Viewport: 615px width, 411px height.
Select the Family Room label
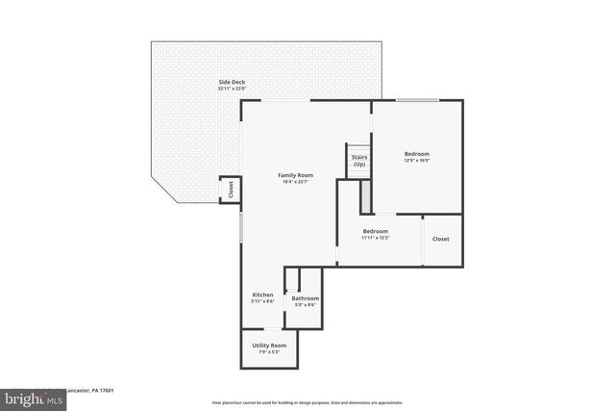294,175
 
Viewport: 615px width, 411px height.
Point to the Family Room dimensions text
294,183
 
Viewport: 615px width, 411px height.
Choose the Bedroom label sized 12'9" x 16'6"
416,154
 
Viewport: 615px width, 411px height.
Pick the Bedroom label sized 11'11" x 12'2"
375,231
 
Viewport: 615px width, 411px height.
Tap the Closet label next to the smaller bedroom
440,239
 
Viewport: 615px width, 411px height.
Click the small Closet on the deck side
231,190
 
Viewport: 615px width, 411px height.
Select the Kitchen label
263,295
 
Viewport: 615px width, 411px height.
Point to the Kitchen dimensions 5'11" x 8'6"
263,302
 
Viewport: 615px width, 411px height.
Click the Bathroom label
306,298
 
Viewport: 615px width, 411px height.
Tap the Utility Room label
269,345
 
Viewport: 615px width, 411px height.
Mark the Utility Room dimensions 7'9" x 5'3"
269,352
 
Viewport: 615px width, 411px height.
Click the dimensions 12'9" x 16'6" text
416,162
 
